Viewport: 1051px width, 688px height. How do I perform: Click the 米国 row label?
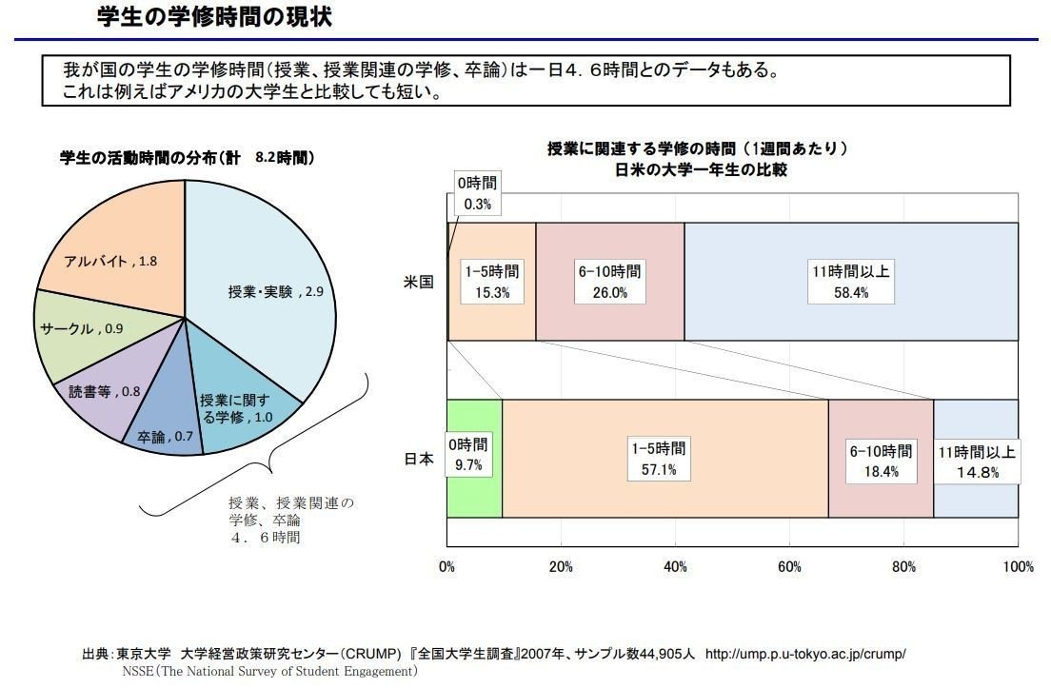click(x=419, y=282)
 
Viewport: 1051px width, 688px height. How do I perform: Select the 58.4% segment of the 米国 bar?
click(x=851, y=282)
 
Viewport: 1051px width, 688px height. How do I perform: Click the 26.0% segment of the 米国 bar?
click(x=609, y=282)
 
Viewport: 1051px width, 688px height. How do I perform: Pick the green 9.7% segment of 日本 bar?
click(x=473, y=459)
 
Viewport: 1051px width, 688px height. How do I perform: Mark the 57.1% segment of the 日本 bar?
click(x=664, y=459)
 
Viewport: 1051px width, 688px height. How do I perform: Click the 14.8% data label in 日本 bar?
click(x=977, y=473)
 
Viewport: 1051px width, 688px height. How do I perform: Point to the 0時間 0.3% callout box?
click(x=476, y=193)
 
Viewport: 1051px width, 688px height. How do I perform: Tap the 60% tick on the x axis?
click(x=789, y=567)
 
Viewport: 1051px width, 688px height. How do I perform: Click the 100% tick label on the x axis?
click(x=1019, y=567)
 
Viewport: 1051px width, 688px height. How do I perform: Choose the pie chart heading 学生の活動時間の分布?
click(x=152, y=158)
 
